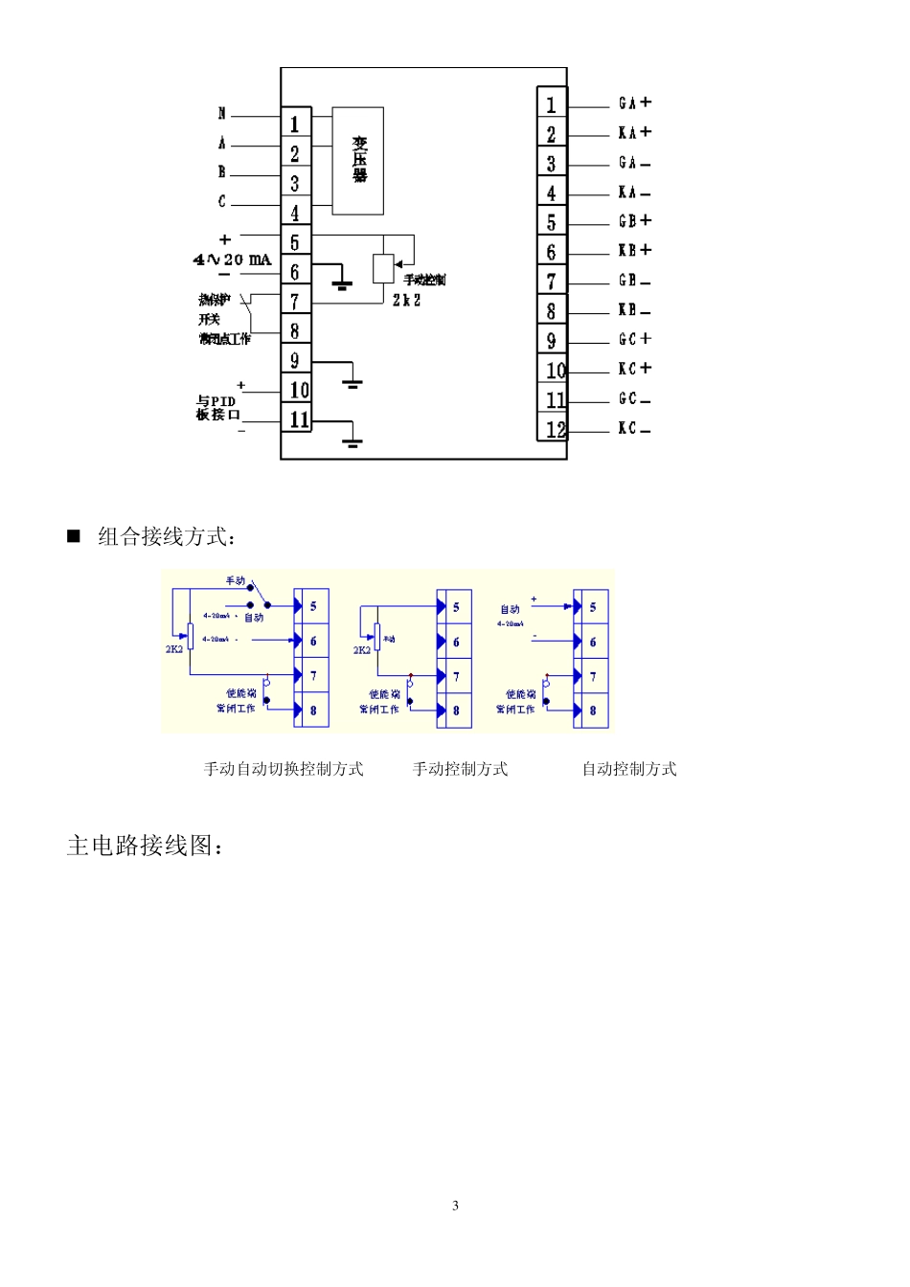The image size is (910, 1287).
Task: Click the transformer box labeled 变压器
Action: (x=358, y=160)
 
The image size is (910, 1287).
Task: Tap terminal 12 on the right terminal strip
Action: (x=555, y=429)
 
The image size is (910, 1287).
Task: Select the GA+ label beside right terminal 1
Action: (x=634, y=102)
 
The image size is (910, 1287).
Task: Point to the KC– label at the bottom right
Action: (x=634, y=428)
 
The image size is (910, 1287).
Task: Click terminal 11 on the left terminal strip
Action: (x=298, y=419)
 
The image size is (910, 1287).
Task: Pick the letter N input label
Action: (x=222, y=114)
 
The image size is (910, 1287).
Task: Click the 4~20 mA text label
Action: (x=233, y=260)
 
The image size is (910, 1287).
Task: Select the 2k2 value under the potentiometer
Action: (x=406, y=300)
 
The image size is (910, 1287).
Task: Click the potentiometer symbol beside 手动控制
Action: (x=383, y=269)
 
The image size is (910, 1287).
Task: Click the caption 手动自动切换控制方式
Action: (x=284, y=769)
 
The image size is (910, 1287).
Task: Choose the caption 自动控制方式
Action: (x=629, y=769)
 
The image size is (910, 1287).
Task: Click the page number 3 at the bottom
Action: (x=455, y=1206)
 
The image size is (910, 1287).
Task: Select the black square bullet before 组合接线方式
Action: (x=74, y=535)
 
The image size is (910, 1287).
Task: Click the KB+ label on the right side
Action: (x=634, y=250)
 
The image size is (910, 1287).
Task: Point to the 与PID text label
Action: (x=216, y=401)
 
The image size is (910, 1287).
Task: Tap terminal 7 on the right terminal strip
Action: (x=552, y=282)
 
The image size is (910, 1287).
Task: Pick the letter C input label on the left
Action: (x=222, y=201)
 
